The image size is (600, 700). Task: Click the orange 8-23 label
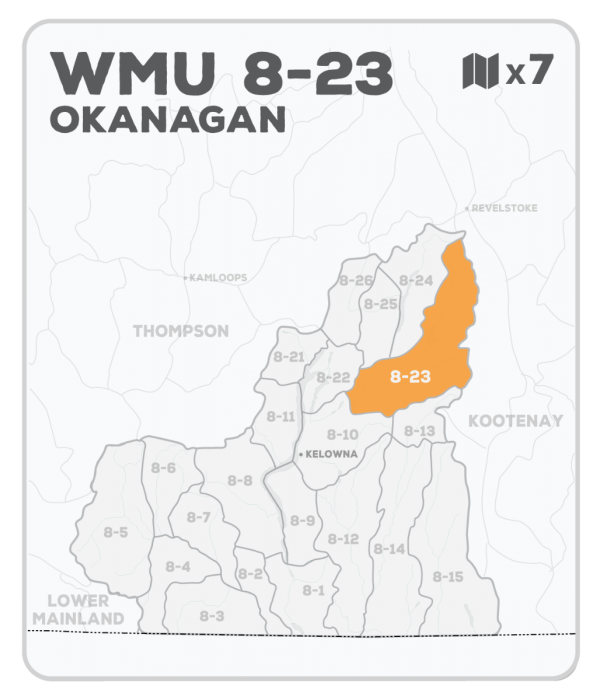(410, 377)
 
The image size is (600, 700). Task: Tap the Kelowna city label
(331, 454)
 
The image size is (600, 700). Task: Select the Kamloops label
(218, 277)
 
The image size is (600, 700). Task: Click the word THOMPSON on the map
(181, 330)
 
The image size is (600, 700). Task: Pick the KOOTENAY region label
(516, 421)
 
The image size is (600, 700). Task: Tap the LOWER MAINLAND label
(78, 609)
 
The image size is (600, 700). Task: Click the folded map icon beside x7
(481, 72)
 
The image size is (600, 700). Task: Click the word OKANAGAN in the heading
(167, 120)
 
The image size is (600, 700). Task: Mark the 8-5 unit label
(116, 532)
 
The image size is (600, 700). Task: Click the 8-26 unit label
(356, 280)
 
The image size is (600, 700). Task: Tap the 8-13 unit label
(420, 431)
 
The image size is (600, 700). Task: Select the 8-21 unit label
(288, 356)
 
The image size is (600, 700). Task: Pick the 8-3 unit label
(211, 616)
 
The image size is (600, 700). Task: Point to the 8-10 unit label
(343, 434)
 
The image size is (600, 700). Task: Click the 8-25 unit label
(381, 303)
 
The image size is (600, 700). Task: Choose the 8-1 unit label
(314, 590)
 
